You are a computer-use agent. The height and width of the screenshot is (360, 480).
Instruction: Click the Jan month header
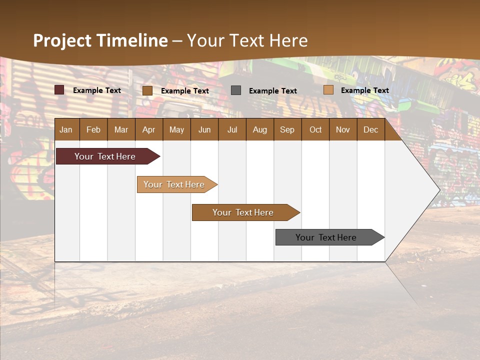click(x=66, y=129)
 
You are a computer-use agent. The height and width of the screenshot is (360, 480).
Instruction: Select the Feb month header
click(x=93, y=129)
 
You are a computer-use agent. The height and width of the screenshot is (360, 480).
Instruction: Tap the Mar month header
click(x=121, y=129)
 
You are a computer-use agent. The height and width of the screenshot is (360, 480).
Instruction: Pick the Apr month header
click(x=149, y=129)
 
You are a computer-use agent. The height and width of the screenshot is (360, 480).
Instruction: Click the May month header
click(x=176, y=129)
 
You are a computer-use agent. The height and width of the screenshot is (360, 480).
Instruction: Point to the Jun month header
click(x=204, y=129)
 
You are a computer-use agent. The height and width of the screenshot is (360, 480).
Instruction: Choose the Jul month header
click(x=232, y=129)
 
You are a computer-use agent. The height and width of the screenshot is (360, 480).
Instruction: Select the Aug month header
click(x=260, y=129)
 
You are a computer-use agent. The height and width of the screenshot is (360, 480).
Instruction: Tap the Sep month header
click(x=287, y=129)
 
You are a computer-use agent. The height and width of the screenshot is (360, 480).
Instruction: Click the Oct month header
click(x=315, y=129)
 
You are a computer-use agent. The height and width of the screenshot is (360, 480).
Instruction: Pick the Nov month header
click(x=343, y=129)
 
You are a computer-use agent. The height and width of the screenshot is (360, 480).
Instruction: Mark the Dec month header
click(x=371, y=129)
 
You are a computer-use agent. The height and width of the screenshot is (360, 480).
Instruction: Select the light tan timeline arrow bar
click(x=175, y=184)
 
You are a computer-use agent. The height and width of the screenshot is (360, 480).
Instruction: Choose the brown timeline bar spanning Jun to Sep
click(x=244, y=212)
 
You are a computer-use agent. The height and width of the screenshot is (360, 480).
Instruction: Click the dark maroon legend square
click(x=59, y=90)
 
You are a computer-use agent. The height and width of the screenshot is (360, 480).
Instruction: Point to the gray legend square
click(x=236, y=90)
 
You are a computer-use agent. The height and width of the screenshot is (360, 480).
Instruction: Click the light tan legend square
click(x=328, y=90)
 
